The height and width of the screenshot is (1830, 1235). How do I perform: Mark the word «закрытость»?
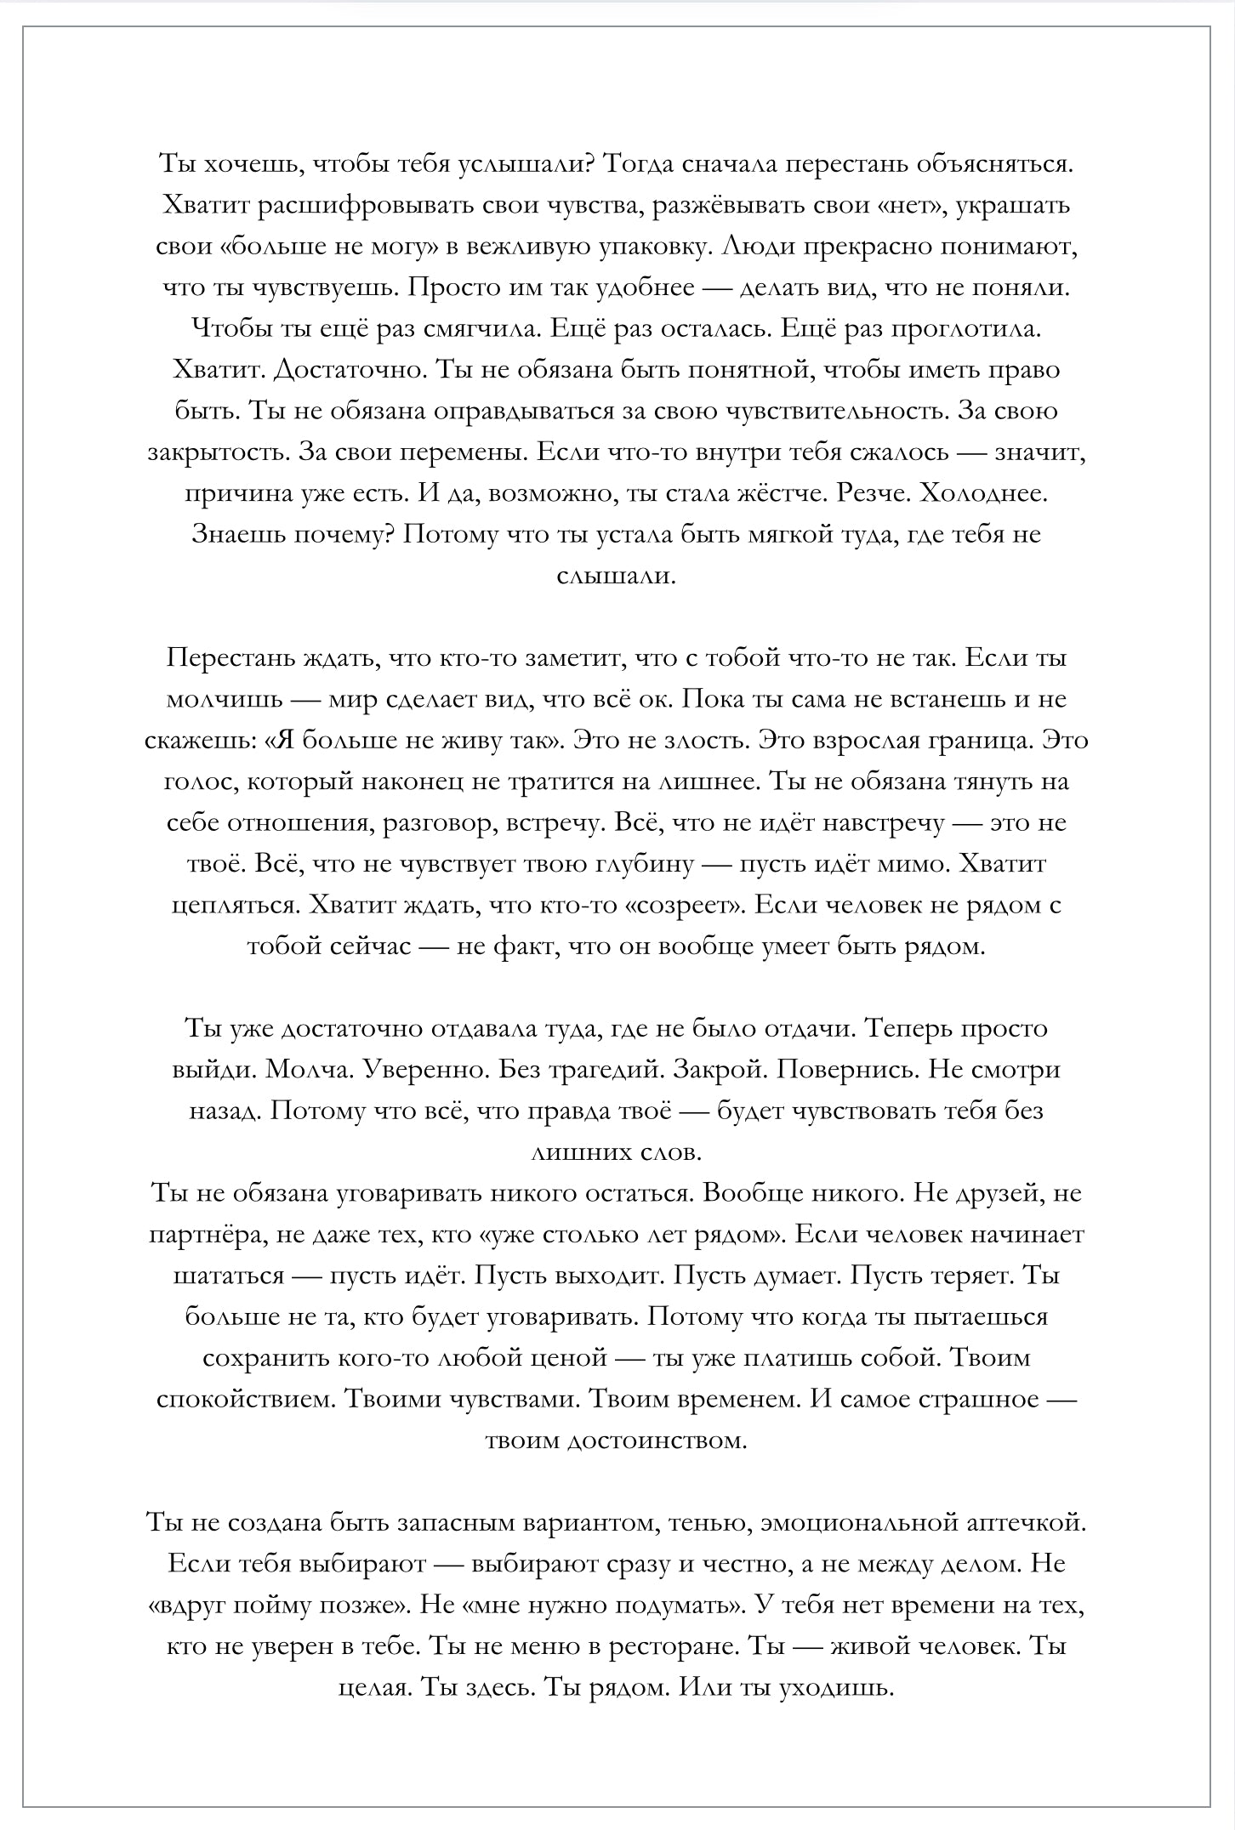216,452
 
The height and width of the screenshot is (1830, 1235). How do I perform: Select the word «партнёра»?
204,1234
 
